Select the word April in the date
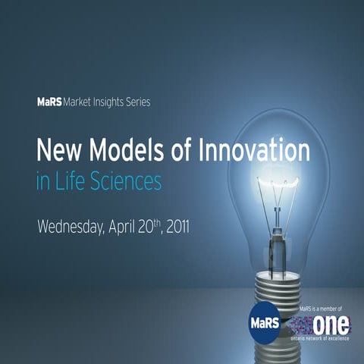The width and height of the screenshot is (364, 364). pyautogui.click(x=142, y=226)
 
